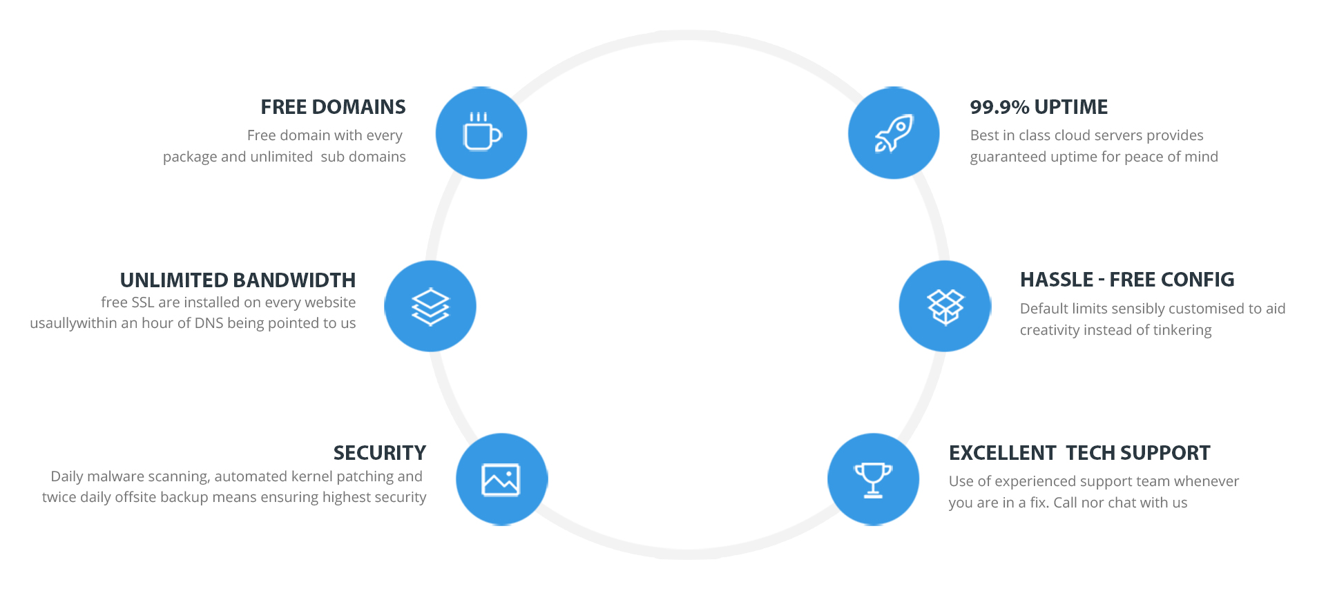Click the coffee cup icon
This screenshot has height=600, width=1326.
pos(482,131)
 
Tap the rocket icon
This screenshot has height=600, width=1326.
pos(894,133)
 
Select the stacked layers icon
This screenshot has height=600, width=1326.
pos(430,306)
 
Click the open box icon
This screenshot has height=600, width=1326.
pos(945,307)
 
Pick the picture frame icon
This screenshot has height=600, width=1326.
pos(501,480)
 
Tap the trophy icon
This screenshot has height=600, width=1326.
pos(874,480)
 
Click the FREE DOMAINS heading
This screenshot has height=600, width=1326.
pos(333,107)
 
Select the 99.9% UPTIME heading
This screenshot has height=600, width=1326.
pos(1039,107)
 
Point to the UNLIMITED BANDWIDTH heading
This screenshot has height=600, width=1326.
pos(238,280)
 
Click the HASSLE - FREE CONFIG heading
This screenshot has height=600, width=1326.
pos(1127,280)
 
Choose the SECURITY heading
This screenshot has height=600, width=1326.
pos(380,453)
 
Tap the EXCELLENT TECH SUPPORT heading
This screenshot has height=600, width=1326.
pos(1079,453)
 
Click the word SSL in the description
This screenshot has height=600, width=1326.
pos(142,302)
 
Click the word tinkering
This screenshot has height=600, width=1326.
pos(1181,330)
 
